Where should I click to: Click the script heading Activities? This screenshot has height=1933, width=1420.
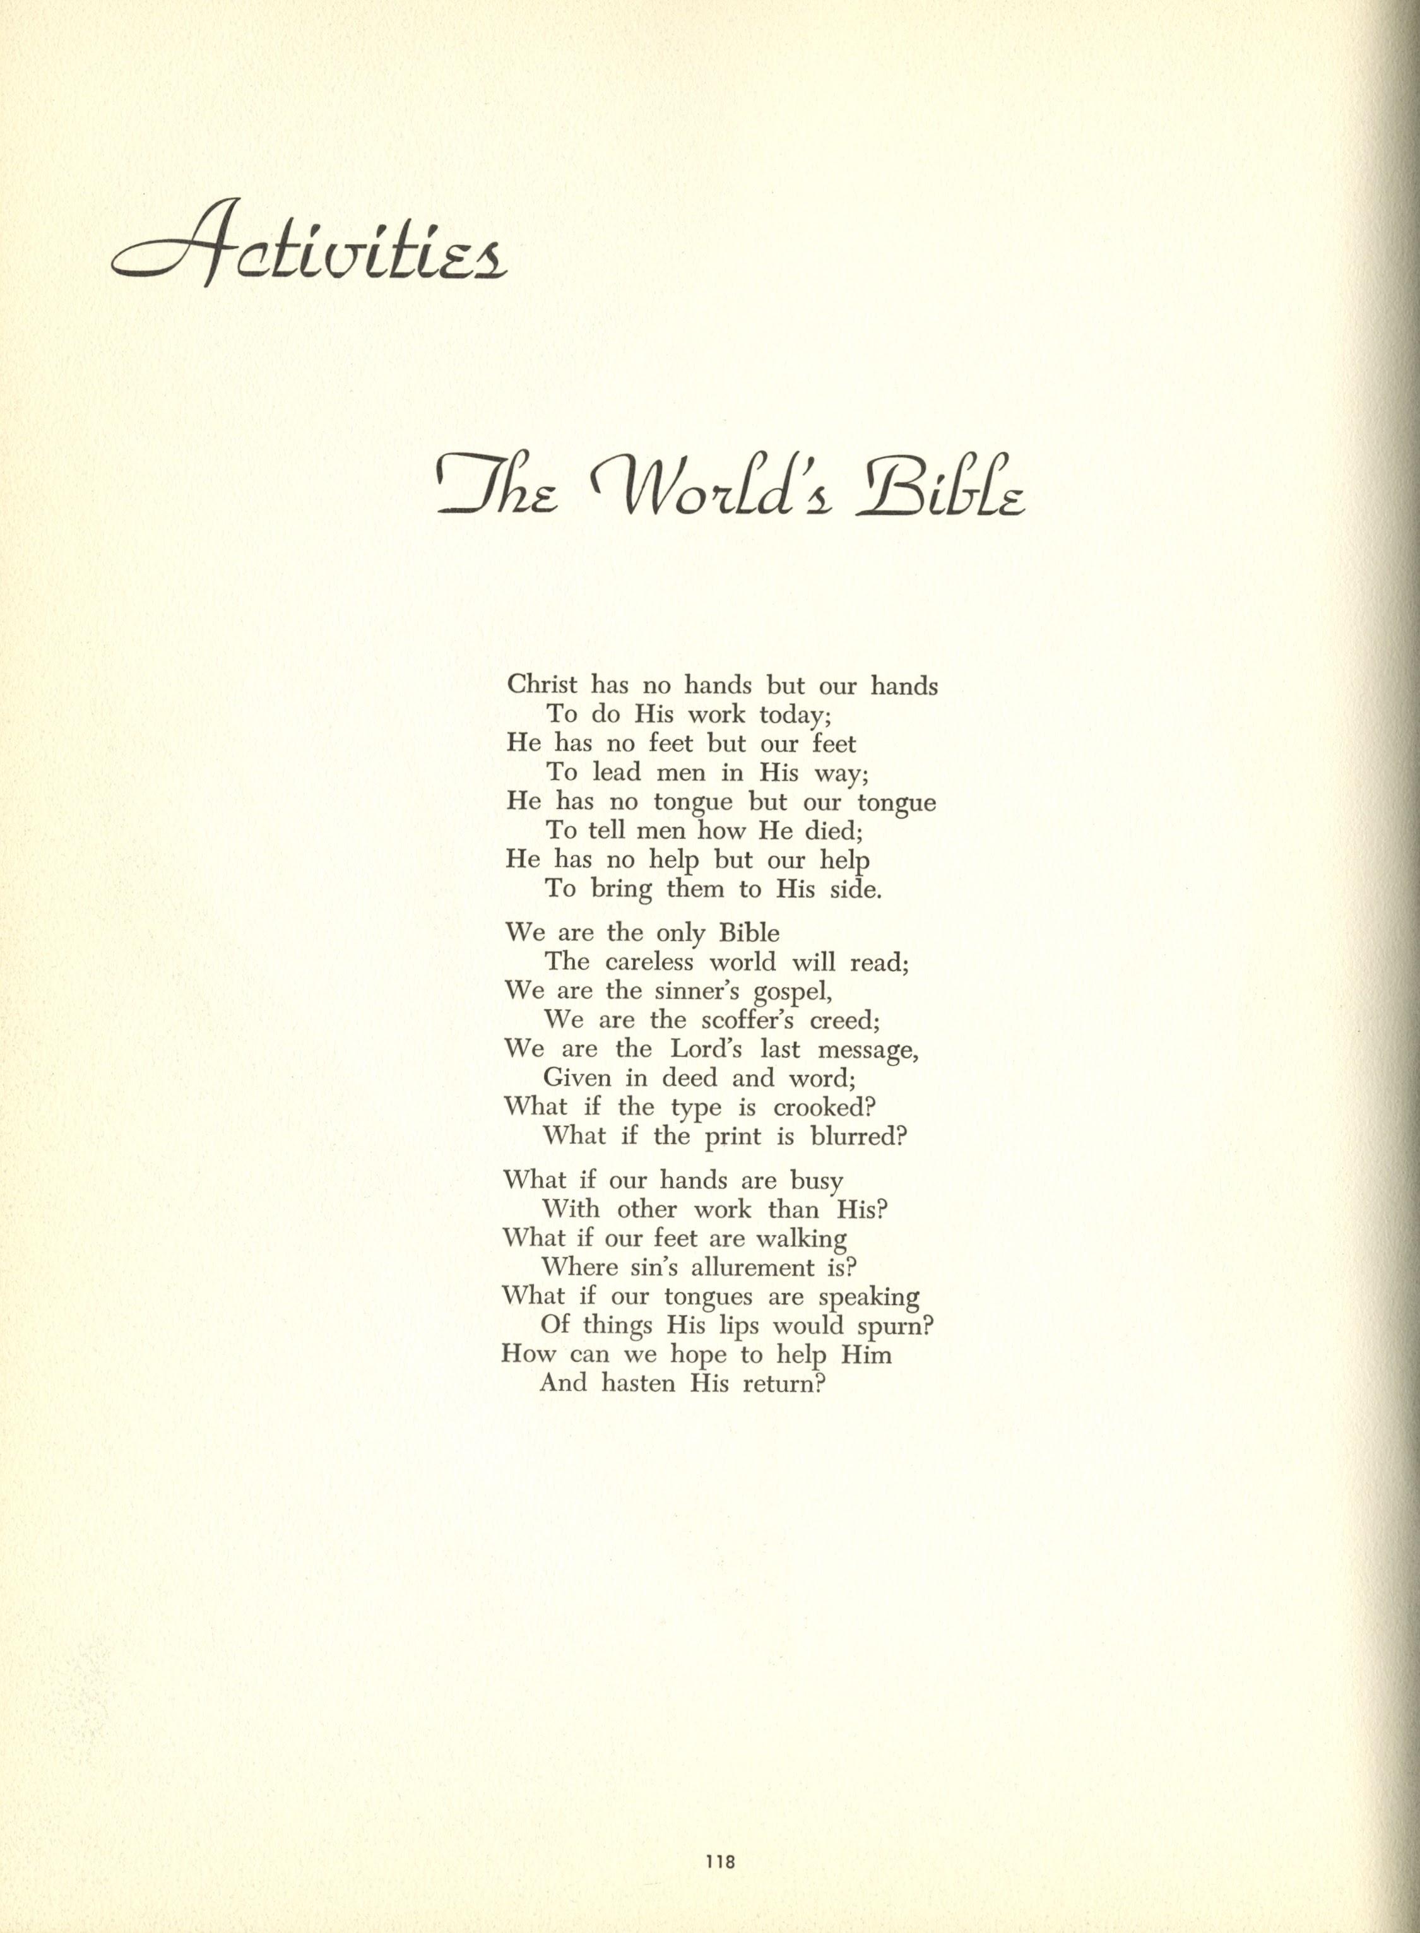[x=309, y=245]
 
